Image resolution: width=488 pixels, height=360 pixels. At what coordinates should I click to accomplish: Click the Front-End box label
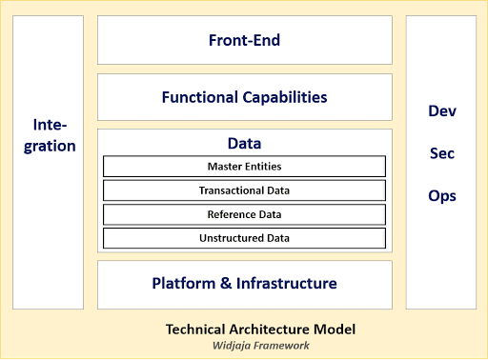244,40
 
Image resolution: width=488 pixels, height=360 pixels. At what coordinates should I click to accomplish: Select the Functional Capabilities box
244,97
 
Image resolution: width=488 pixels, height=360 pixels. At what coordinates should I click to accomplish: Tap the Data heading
244,143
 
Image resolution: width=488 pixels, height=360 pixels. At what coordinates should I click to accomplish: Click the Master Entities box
244,166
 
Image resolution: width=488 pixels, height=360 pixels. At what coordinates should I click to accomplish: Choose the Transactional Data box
244,190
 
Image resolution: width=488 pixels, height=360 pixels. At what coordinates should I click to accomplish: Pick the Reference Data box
244,214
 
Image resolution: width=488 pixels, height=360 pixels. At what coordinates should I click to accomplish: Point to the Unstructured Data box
244,238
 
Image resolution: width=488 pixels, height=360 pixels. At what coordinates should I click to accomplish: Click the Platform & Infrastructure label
244,283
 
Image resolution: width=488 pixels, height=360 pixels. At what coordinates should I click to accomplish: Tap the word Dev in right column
441,110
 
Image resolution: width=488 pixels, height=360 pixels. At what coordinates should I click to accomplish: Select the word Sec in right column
441,153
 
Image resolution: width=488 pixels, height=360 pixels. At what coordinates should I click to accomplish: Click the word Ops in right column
441,196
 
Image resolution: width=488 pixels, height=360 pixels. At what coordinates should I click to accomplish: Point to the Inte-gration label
53,135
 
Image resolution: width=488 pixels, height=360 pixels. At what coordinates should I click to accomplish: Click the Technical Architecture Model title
260,330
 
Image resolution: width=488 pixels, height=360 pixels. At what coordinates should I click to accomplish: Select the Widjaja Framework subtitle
260,346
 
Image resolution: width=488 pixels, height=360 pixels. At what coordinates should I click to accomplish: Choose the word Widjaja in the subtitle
234,346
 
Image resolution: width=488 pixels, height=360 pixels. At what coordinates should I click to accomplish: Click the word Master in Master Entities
224,166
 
